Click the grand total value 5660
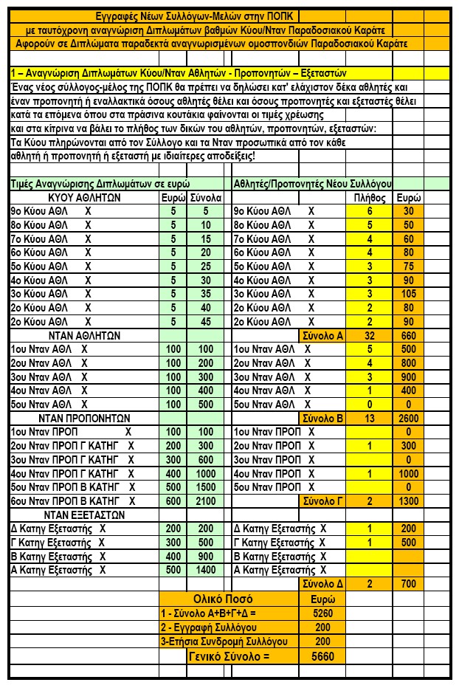[x=322, y=657]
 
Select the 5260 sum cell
[x=322, y=613]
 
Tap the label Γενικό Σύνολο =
[x=229, y=657]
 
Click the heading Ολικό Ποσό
[x=229, y=599]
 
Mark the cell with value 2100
[x=206, y=501]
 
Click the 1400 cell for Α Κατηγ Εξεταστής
[x=206, y=570]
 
